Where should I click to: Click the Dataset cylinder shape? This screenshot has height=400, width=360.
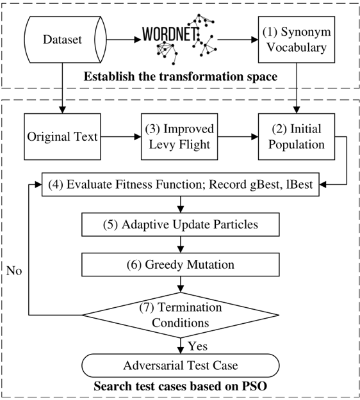pyautogui.click(x=65, y=40)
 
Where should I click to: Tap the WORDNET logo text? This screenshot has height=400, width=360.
pyautogui.click(x=170, y=34)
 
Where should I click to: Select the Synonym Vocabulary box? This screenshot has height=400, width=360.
pyautogui.click(x=297, y=40)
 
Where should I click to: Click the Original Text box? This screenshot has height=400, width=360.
pyautogui.click(x=62, y=137)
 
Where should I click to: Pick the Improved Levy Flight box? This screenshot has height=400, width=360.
pyautogui.click(x=179, y=137)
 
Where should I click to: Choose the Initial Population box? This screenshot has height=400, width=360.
pyautogui.click(x=297, y=137)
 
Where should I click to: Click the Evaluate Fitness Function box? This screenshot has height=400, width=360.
pyautogui.click(x=181, y=184)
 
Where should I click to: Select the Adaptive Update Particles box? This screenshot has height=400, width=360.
pyautogui.click(x=181, y=225)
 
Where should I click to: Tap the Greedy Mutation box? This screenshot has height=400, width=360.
pyautogui.click(x=181, y=264)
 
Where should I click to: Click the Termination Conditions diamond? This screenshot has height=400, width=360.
pyautogui.click(x=181, y=316)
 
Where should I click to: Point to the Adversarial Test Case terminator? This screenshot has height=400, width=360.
pyautogui.click(x=181, y=365)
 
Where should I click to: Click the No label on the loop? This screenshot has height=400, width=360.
pyautogui.click(x=14, y=271)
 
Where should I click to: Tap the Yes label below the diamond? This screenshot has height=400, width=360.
pyautogui.click(x=198, y=346)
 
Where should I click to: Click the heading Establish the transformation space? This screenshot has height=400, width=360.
pyautogui.click(x=181, y=77)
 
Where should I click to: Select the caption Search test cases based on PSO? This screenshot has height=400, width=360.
pyautogui.click(x=181, y=386)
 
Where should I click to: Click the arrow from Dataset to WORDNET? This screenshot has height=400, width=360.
pyautogui.click(x=124, y=40)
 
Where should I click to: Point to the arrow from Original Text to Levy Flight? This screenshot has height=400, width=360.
pyautogui.click(x=121, y=137)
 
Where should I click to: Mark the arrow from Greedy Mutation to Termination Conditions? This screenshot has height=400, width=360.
pyautogui.click(x=181, y=284)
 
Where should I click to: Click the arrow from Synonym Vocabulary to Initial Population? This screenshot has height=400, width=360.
pyautogui.click(x=297, y=88)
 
